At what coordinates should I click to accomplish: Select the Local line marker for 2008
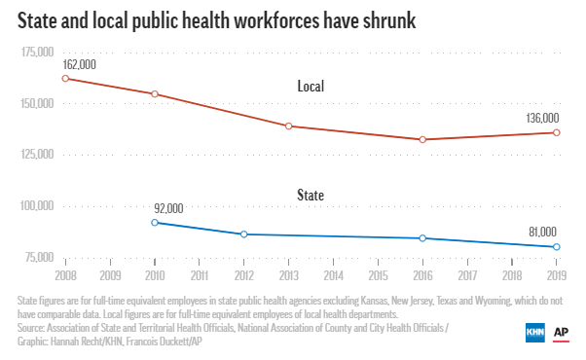(x=65, y=78)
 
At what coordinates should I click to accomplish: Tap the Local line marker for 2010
(x=155, y=94)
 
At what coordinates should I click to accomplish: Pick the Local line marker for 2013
(x=289, y=126)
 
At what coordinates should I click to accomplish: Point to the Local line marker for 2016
(x=422, y=139)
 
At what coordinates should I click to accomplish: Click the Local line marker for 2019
(x=557, y=132)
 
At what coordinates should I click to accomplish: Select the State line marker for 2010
(x=155, y=223)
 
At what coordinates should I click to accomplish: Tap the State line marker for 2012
(x=244, y=234)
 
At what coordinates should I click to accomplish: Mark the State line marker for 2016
(x=422, y=238)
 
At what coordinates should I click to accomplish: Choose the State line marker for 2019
(x=557, y=247)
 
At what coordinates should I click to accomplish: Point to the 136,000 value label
(x=542, y=117)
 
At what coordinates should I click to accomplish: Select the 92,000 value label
(x=168, y=207)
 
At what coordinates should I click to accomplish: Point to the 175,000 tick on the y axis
(x=35, y=53)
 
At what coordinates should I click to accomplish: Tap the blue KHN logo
(x=535, y=332)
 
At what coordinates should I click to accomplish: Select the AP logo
(x=562, y=332)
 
